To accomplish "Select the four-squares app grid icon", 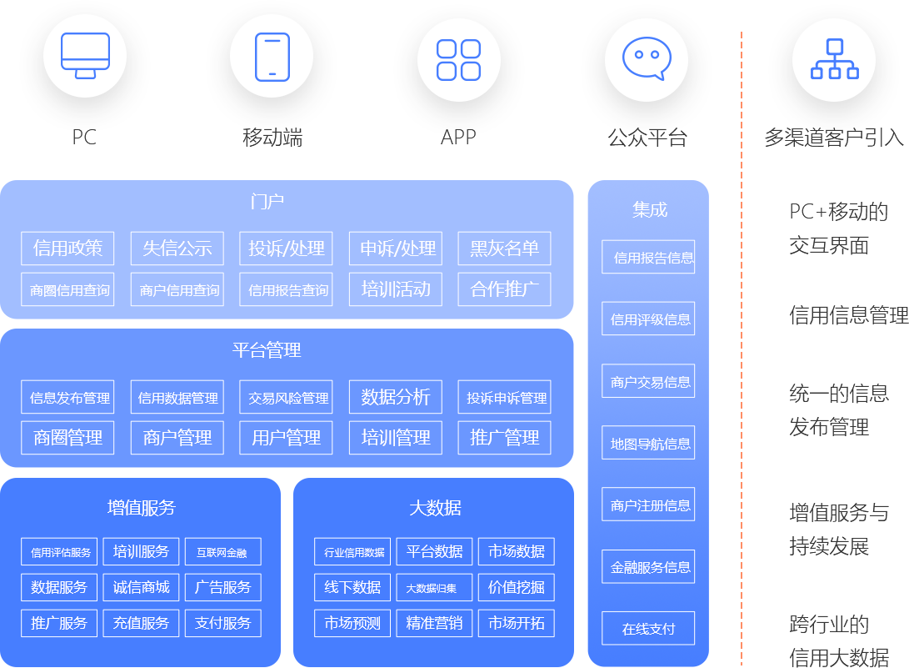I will tap(459, 59).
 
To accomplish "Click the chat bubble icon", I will tap(647, 59).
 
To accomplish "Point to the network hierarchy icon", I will tap(834, 59).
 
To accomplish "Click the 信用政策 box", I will tap(68, 249).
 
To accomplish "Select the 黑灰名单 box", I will tap(504, 249).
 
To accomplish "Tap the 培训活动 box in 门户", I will tap(396, 289).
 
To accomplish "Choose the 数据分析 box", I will tap(396, 397).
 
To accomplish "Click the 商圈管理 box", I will tap(68, 437).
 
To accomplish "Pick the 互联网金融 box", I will tap(222, 552).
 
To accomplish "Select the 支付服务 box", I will tap(222, 623).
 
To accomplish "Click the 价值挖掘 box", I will tap(516, 587).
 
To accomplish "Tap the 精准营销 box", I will tap(434, 623).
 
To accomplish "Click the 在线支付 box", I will tap(648, 629).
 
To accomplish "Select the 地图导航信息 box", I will tap(648, 444).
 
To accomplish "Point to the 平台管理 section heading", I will tap(267, 350).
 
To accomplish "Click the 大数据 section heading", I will tap(435, 508).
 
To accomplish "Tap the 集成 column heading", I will tap(649, 209).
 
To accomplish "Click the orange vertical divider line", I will tap(741, 350).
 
